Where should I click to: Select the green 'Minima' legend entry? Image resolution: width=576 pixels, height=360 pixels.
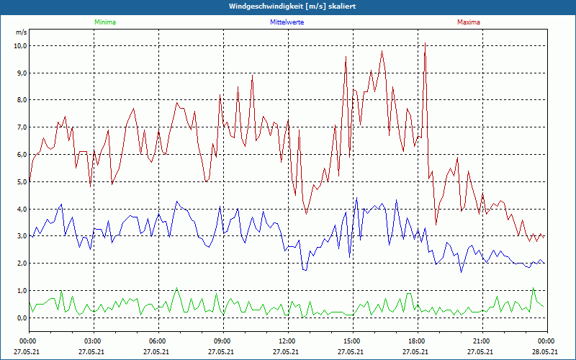pos(104,22)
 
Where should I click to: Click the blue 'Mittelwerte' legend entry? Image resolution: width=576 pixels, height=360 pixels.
pos(287,22)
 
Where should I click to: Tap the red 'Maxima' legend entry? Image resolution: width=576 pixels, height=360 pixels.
pos(468,22)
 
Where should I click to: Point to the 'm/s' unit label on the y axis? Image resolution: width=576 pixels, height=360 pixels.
pos(21,33)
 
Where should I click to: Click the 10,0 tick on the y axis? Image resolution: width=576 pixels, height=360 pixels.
pos(20,45)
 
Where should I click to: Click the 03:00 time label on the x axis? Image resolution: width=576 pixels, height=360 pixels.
pos(93,341)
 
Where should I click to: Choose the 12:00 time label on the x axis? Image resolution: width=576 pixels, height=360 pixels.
pos(287,341)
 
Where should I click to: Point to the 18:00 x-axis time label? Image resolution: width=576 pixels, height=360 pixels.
pos(417,341)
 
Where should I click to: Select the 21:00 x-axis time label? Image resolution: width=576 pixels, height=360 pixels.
pos(482,341)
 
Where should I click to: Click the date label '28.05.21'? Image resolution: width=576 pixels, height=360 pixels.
pos(546,351)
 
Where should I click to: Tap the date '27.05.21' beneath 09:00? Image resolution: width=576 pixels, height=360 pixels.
pos(222,351)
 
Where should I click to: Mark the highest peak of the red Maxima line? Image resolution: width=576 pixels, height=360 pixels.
pos(425,43)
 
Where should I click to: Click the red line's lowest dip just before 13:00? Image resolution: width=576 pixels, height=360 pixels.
pos(306,214)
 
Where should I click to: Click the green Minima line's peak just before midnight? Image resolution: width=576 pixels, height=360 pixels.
pos(534,288)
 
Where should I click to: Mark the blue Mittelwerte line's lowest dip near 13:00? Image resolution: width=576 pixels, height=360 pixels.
pos(305,270)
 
